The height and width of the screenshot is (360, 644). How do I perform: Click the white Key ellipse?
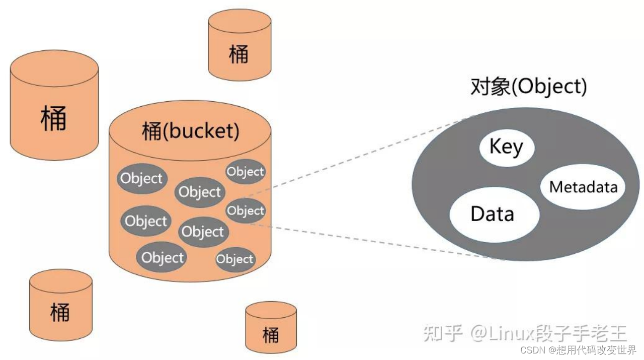pos(507,148)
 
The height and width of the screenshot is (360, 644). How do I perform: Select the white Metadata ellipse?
pos(583,187)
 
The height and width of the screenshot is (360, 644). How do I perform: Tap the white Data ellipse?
pos(495,214)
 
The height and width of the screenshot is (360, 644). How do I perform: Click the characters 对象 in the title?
pos(491,86)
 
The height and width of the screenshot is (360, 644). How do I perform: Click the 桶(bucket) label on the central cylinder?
pos(191,131)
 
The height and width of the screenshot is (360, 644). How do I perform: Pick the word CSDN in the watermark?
pos(532,350)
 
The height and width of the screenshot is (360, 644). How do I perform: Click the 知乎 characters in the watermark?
pos(443,333)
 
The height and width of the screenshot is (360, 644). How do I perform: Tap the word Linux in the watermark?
pos(511,333)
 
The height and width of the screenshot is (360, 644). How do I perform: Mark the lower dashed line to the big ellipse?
pos(377,242)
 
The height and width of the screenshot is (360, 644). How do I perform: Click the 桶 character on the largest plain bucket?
pos(53,118)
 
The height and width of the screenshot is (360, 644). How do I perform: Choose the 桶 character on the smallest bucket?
pos(271,335)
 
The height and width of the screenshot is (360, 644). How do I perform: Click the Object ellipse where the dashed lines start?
pos(246,210)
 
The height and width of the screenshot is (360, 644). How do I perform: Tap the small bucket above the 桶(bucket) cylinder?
pos(239,45)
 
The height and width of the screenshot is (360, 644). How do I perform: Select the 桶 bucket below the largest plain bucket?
pos(61,305)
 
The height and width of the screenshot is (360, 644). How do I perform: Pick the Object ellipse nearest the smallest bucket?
pos(235,259)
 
